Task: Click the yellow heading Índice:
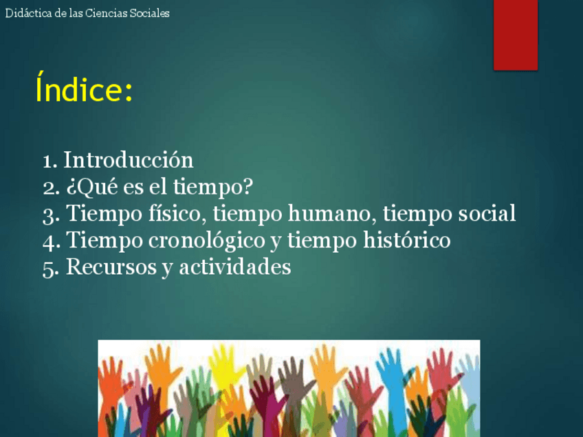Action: (x=84, y=87)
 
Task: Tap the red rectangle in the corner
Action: (x=516, y=35)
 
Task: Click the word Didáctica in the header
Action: (x=29, y=13)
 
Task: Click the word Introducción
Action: (x=129, y=160)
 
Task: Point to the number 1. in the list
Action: (x=49, y=161)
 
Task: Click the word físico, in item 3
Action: (x=177, y=214)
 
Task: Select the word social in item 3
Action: (x=487, y=213)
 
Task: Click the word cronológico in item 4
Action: (x=206, y=240)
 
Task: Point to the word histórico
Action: (x=407, y=240)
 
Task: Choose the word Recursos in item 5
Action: (x=111, y=267)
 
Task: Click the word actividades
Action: (x=235, y=267)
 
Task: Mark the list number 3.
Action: (x=51, y=215)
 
